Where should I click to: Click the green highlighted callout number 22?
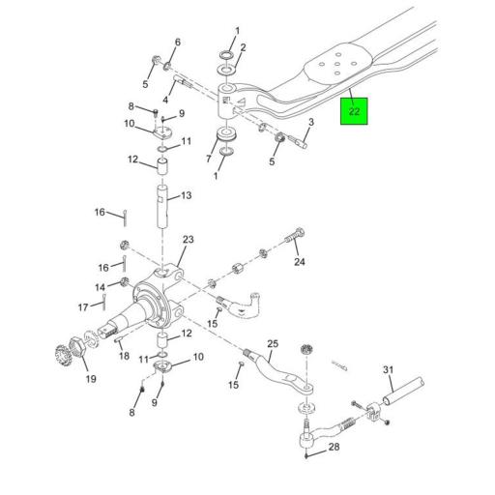pyautogui.click(x=354, y=111)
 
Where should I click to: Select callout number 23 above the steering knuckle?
pyautogui.click(x=189, y=240)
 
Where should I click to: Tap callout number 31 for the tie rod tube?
pyautogui.click(x=388, y=369)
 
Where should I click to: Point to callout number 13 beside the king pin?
pyautogui.click(x=187, y=195)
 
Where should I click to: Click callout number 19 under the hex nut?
pyautogui.click(x=91, y=379)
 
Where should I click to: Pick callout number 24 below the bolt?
pyautogui.click(x=300, y=262)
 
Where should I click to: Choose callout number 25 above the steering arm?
pyautogui.click(x=273, y=343)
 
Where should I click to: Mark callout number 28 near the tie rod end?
pyautogui.click(x=334, y=447)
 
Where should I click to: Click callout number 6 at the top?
pyautogui.click(x=178, y=43)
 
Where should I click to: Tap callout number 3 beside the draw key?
pyautogui.click(x=311, y=122)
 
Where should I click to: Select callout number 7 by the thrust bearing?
pyautogui.click(x=209, y=159)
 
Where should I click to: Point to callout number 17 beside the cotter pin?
pyautogui.click(x=83, y=307)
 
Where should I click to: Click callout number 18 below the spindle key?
pyautogui.click(x=124, y=356)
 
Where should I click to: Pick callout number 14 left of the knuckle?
pyautogui.click(x=101, y=287)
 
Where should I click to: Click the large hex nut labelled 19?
pyautogui.click(x=77, y=347)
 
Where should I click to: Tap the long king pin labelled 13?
pyautogui.click(x=162, y=207)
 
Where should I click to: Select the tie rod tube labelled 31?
pyautogui.click(x=403, y=391)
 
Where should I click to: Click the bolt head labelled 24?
pyautogui.click(x=300, y=232)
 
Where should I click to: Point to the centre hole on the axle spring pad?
pyautogui.click(x=337, y=64)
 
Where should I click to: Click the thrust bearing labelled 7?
pyautogui.click(x=227, y=134)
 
